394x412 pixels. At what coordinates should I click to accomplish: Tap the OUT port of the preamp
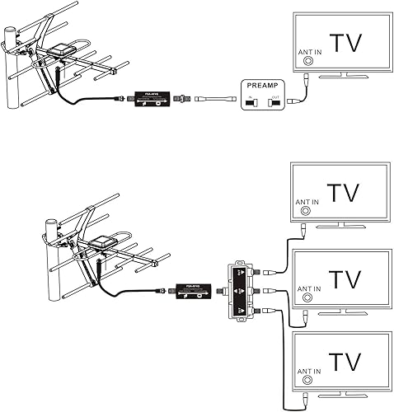(276, 101)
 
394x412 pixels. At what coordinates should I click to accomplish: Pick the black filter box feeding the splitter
(194, 290)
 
